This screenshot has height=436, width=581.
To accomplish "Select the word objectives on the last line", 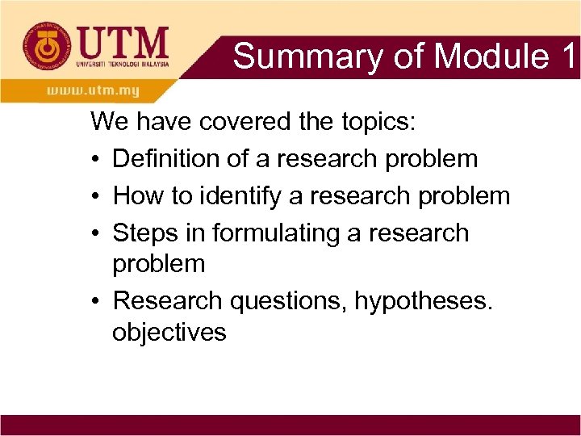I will [x=169, y=332].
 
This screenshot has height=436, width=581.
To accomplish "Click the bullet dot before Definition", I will [x=96, y=160].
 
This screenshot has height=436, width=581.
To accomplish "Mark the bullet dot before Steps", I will [x=96, y=233].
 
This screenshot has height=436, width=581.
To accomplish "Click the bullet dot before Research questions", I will [x=96, y=302].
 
